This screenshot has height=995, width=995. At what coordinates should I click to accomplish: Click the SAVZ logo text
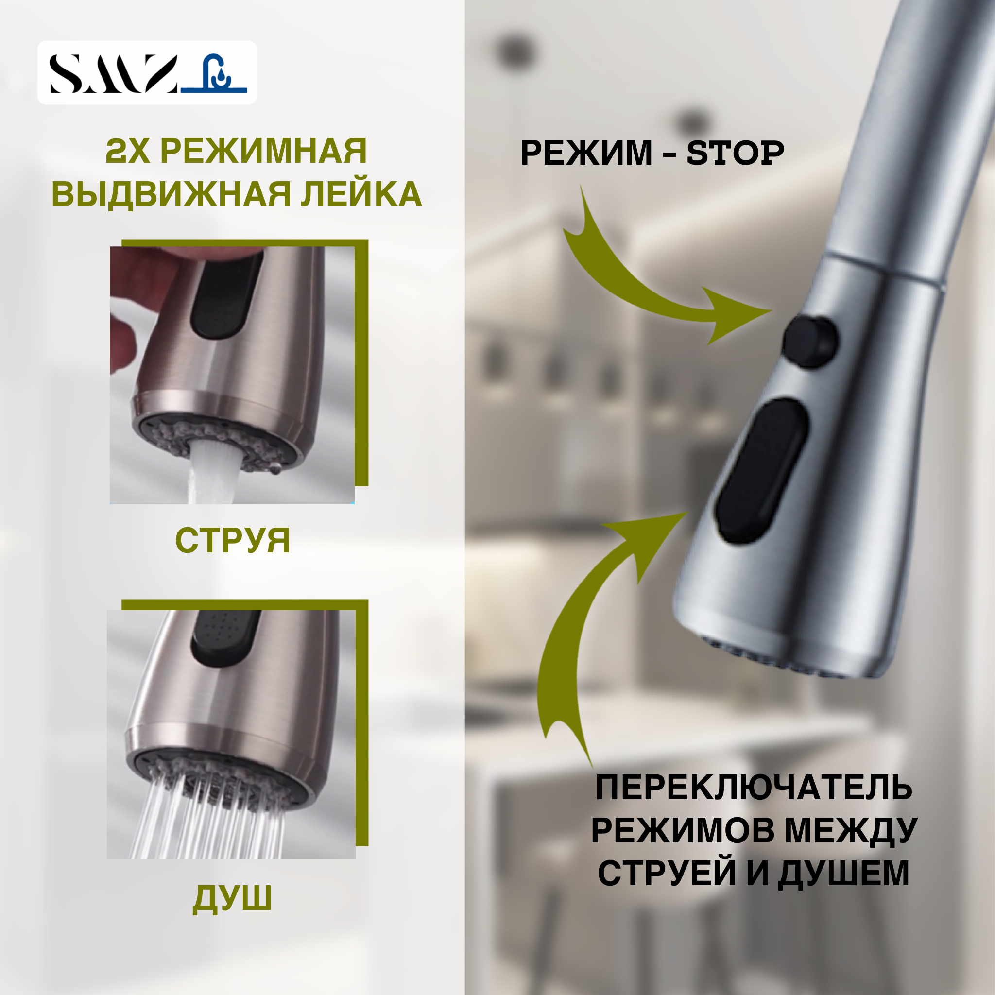pyautogui.click(x=113, y=74)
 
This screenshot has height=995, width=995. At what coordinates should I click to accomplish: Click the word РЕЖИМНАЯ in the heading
pyautogui.click(x=263, y=151)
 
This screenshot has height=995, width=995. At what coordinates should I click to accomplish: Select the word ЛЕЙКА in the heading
pyautogui.click(x=361, y=194)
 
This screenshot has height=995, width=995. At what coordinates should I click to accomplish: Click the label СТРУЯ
pyautogui.click(x=232, y=541)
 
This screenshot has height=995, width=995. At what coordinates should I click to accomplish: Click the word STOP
pyautogui.click(x=735, y=153)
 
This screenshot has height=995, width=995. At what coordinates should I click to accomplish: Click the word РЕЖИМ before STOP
pyautogui.click(x=585, y=153)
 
